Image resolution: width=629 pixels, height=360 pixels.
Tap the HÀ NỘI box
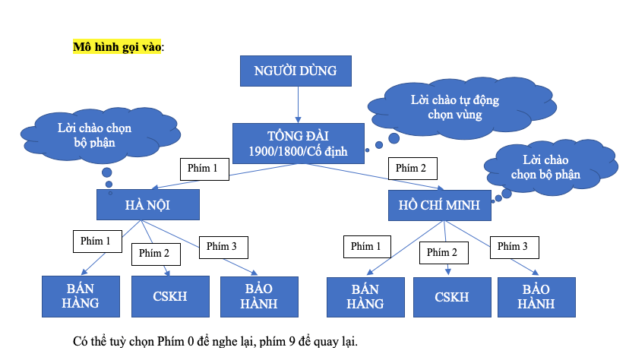coord(148,205)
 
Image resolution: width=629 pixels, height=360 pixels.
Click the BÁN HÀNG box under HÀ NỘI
coord(81,296)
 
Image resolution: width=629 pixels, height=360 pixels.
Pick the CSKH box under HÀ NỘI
coord(170,296)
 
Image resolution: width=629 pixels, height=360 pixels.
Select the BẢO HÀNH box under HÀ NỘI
coord(259,296)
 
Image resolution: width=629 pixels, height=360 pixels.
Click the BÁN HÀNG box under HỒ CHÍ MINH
coord(365,296)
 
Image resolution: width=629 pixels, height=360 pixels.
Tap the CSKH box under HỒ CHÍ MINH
coord(452,296)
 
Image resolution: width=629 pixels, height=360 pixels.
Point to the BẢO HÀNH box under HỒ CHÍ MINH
coord(537,296)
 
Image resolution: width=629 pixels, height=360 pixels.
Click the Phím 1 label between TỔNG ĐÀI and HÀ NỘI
coord(204,169)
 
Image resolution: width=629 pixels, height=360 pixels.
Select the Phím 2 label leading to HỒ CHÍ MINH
coord(412,169)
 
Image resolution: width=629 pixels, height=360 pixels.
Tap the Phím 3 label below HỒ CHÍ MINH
coord(514,246)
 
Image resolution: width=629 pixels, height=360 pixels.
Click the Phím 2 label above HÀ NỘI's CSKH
coord(155,253)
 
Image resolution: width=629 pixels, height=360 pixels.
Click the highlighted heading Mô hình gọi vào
coord(117,46)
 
